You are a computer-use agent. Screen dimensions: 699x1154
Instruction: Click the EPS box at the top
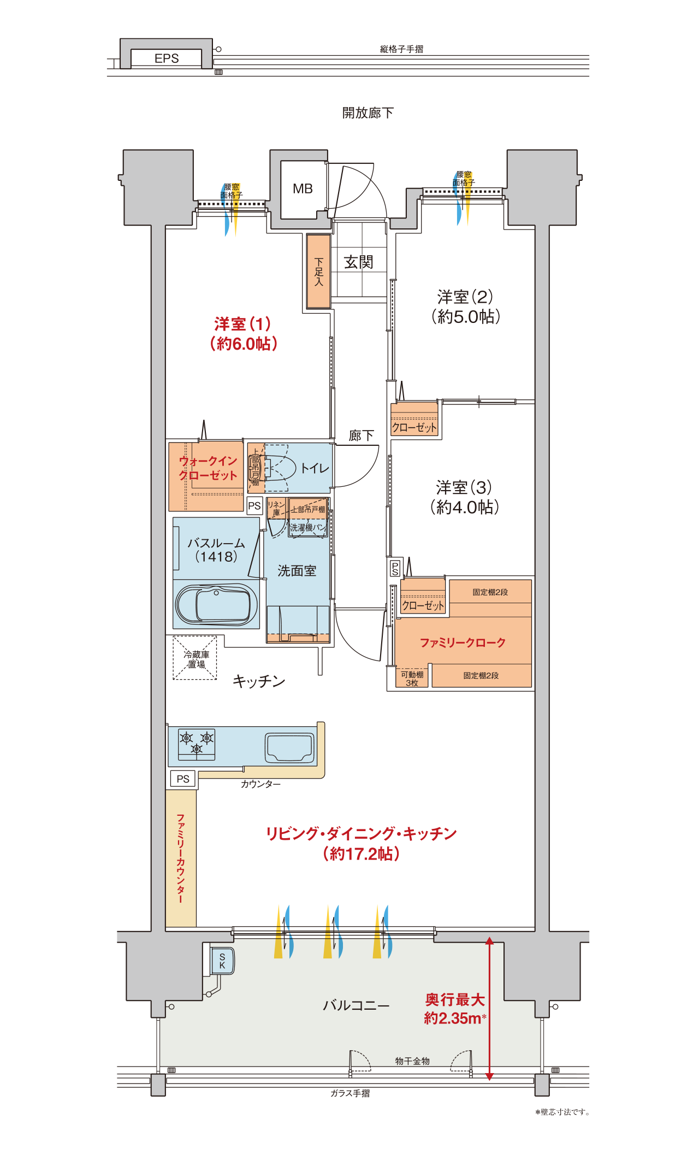(x=167, y=58)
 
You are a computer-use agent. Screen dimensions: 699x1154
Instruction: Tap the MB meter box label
(x=303, y=189)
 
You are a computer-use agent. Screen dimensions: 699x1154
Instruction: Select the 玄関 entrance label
(x=358, y=262)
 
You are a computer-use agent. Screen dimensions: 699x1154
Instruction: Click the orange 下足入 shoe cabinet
(x=318, y=271)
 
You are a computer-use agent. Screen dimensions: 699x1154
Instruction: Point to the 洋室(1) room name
(x=243, y=324)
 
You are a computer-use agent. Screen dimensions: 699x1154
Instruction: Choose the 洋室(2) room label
(x=465, y=297)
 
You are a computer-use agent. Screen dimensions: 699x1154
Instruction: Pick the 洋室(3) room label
(x=464, y=487)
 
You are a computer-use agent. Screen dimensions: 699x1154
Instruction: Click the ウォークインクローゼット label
(x=208, y=468)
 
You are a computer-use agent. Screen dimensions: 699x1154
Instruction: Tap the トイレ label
(x=315, y=468)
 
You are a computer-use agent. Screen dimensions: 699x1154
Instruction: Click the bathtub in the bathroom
(x=217, y=604)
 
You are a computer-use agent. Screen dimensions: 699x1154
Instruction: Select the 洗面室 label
(x=297, y=571)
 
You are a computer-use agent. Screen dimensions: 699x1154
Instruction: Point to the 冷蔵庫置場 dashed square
(x=195, y=658)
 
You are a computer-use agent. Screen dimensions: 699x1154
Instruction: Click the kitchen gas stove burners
(x=197, y=745)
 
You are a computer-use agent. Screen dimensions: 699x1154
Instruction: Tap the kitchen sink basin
(x=289, y=747)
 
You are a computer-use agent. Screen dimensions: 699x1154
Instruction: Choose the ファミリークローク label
(x=463, y=643)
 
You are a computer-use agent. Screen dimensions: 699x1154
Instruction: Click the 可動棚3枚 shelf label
(x=412, y=679)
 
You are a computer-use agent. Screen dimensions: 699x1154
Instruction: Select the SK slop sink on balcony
(x=222, y=961)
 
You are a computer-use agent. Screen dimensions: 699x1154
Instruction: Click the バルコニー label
(x=356, y=1005)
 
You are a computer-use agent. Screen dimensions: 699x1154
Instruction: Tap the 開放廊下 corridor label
(x=368, y=113)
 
